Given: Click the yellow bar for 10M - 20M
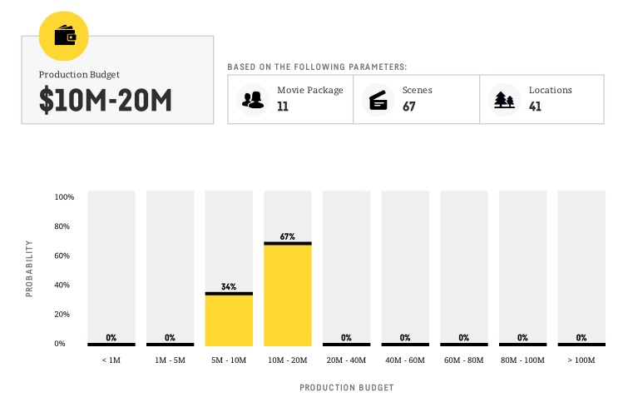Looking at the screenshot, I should [288, 294].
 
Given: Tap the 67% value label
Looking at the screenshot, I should [288, 236].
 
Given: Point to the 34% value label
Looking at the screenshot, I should [229, 286].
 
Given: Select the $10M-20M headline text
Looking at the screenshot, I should [105, 101].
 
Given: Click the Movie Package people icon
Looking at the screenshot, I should [252, 99].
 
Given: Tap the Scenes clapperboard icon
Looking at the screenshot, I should [378, 99].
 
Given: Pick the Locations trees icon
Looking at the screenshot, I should [504, 99].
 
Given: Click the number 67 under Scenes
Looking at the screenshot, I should [409, 107].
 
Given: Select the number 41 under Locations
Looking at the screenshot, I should [536, 107].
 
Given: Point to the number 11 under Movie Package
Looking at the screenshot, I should [283, 107].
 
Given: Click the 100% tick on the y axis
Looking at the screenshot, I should [64, 197].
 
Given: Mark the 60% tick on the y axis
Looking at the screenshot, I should [66, 256].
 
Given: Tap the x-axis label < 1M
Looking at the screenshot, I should [111, 360].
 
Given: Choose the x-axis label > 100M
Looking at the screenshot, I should [581, 360].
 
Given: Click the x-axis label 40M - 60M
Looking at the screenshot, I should [405, 360].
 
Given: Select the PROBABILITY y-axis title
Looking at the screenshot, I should [30, 269].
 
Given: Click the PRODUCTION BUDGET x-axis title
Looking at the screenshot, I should [346, 388].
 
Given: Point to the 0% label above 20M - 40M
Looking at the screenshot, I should [346, 337].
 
